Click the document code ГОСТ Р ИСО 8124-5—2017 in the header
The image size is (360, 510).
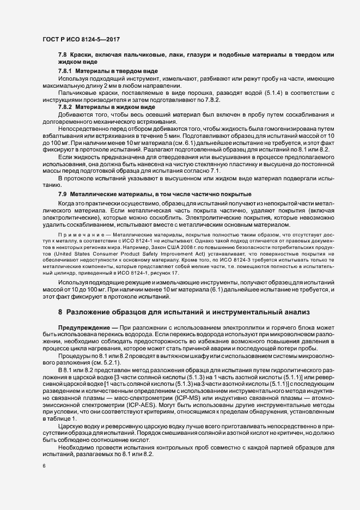(x=81, y=40)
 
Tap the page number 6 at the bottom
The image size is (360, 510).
(x=44, y=466)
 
